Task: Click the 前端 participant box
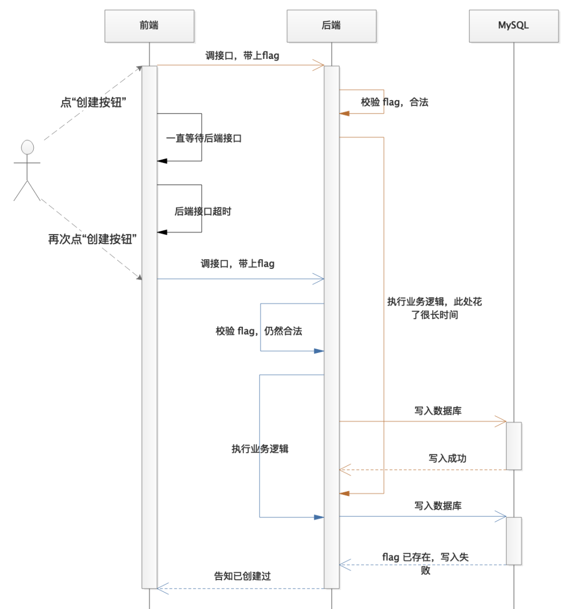[149, 25]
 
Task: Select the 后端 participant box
[331, 25]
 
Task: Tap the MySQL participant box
[513, 25]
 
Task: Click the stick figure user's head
[27, 147]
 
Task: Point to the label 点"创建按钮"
[93, 102]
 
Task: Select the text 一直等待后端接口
[204, 138]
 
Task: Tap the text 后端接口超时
[203, 211]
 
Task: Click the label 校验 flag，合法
[394, 102]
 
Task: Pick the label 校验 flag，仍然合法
[259, 331]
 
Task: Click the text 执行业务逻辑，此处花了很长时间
[435, 308]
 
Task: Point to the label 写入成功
[447, 458]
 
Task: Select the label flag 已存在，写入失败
[425, 563]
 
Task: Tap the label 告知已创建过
[242, 576]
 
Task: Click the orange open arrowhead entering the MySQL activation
[501, 422]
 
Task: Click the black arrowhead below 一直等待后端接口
[162, 161]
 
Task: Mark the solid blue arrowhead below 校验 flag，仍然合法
[319, 351]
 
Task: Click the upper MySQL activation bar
[514, 446]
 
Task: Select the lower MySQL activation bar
[514, 540]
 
